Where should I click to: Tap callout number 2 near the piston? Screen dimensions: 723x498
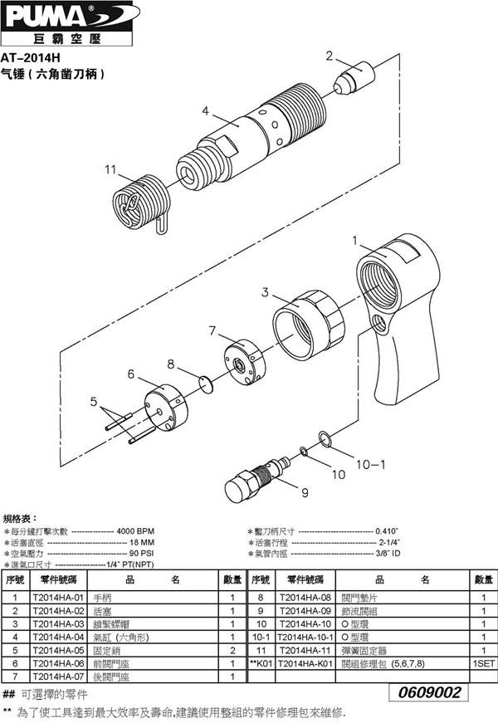330,56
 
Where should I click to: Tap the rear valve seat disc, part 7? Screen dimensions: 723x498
242,363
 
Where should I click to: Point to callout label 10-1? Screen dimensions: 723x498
371,466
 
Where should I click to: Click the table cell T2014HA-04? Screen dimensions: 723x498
58,637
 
